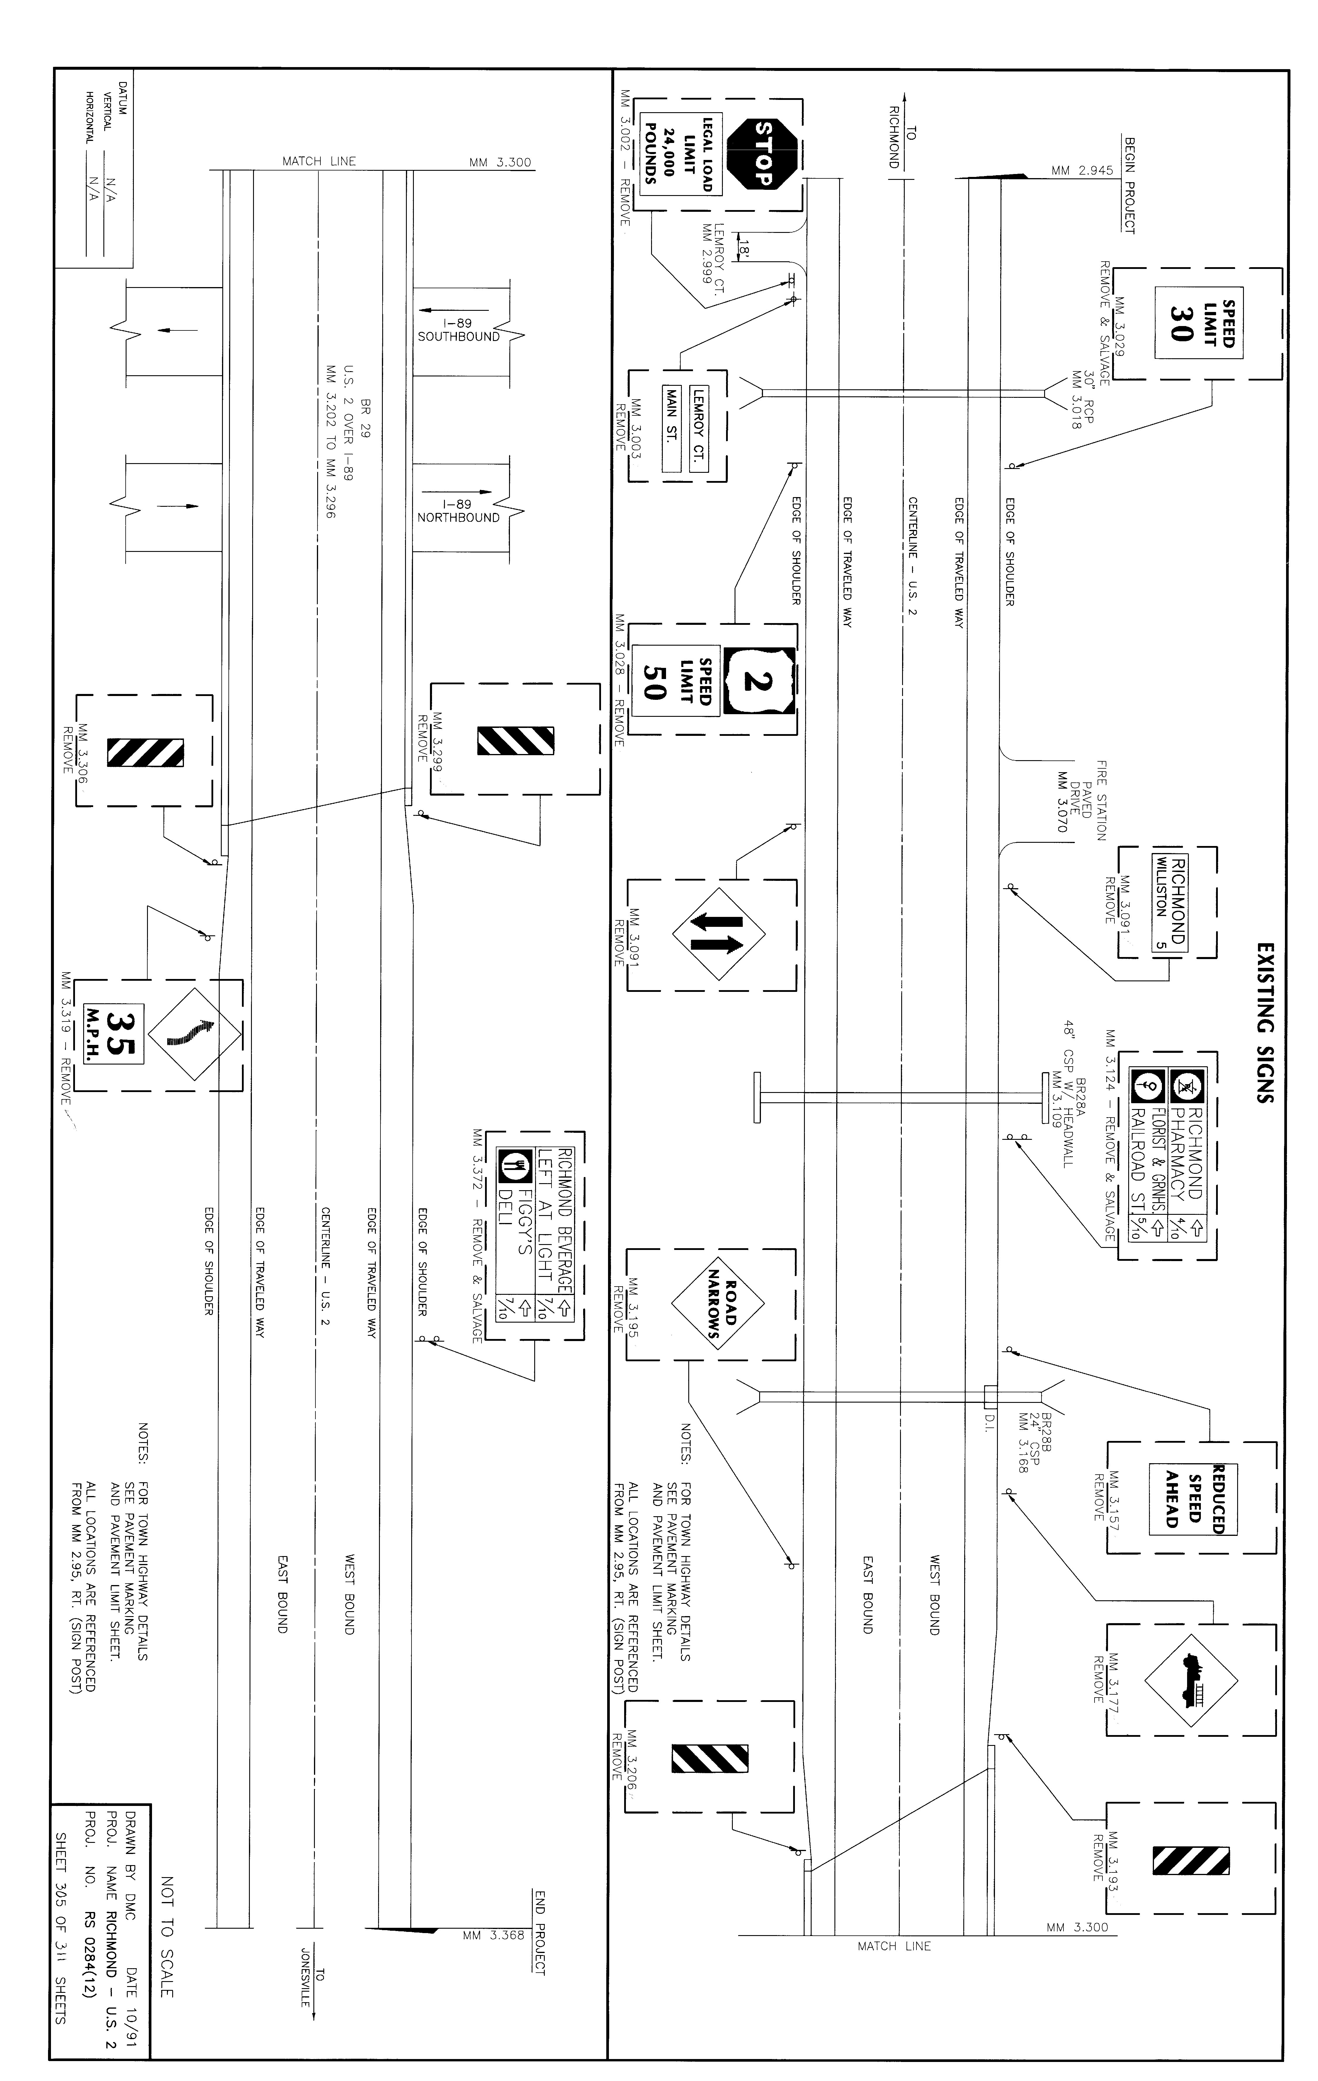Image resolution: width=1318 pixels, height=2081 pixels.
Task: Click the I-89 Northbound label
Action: (x=459, y=511)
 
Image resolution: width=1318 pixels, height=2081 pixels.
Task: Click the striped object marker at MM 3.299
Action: (x=516, y=741)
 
